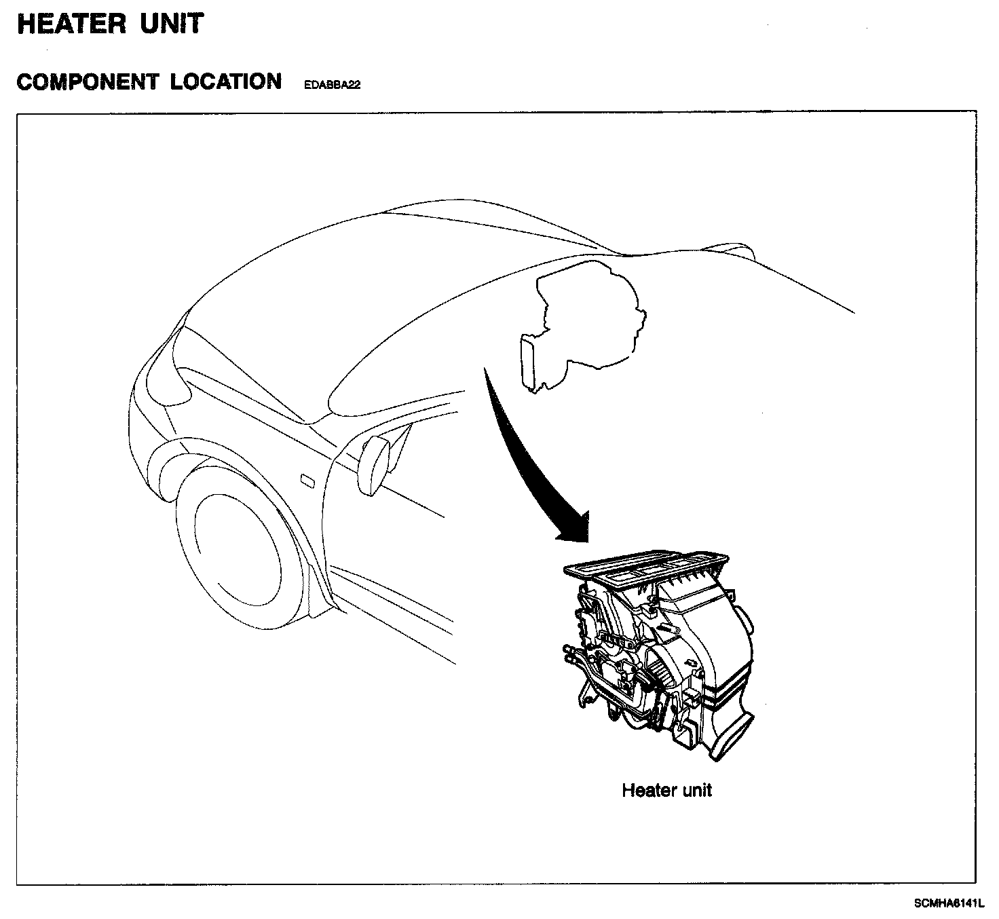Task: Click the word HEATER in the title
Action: (x=71, y=24)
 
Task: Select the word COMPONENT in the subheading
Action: (x=87, y=82)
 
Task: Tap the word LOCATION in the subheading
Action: (x=226, y=82)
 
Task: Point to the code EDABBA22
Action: (x=332, y=86)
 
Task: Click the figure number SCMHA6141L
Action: (x=949, y=903)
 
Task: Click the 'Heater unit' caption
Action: (x=666, y=790)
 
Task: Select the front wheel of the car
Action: (x=238, y=543)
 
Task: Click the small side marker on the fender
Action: (x=307, y=481)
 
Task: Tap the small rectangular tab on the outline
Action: (x=528, y=360)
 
